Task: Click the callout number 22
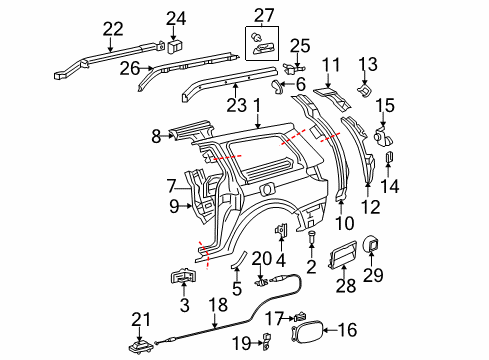click(x=113, y=27)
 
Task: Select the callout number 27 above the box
click(x=262, y=14)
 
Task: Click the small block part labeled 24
click(x=175, y=45)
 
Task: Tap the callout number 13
click(x=365, y=63)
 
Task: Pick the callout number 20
click(x=261, y=258)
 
